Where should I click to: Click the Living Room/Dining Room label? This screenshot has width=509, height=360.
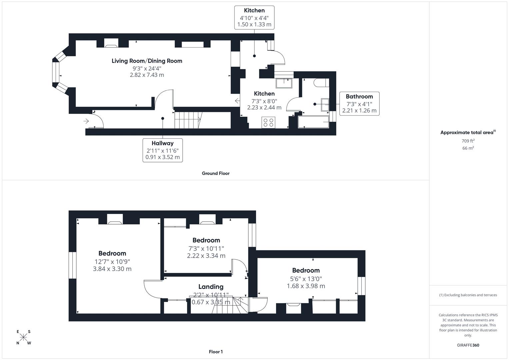click(x=147, y=61)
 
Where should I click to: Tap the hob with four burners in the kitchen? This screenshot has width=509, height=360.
click(x=268, y=122)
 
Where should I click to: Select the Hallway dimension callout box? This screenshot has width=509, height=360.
click(x=163, y=150)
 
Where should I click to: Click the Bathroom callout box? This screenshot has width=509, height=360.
click(x=359, y=104)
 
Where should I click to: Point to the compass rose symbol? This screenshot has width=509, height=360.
click(x=23, y=337)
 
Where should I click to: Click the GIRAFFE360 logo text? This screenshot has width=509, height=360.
click(x=468, y=345)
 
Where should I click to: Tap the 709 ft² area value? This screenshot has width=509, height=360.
click(x=468, y=141)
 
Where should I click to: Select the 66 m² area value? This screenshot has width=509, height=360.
click(x=468, y=148)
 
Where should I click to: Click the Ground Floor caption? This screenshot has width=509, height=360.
click(x=216, y=173)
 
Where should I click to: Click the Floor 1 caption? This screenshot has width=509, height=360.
click(x=216, y=352)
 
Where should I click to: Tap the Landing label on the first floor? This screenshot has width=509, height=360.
click(x=211, y=287)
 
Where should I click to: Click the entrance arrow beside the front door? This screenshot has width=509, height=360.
click(x=86, y=121)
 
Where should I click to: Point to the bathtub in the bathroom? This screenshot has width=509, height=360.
click(x=313, y=122)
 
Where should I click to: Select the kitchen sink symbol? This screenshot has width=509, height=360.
click(x=284, y=83)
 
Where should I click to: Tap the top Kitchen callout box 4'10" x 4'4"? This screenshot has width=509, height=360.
click(x=254, y=17)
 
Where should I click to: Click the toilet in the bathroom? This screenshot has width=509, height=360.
click(x=321, y=82)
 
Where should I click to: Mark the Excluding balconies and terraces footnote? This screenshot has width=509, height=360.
click(x=468, y=295)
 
